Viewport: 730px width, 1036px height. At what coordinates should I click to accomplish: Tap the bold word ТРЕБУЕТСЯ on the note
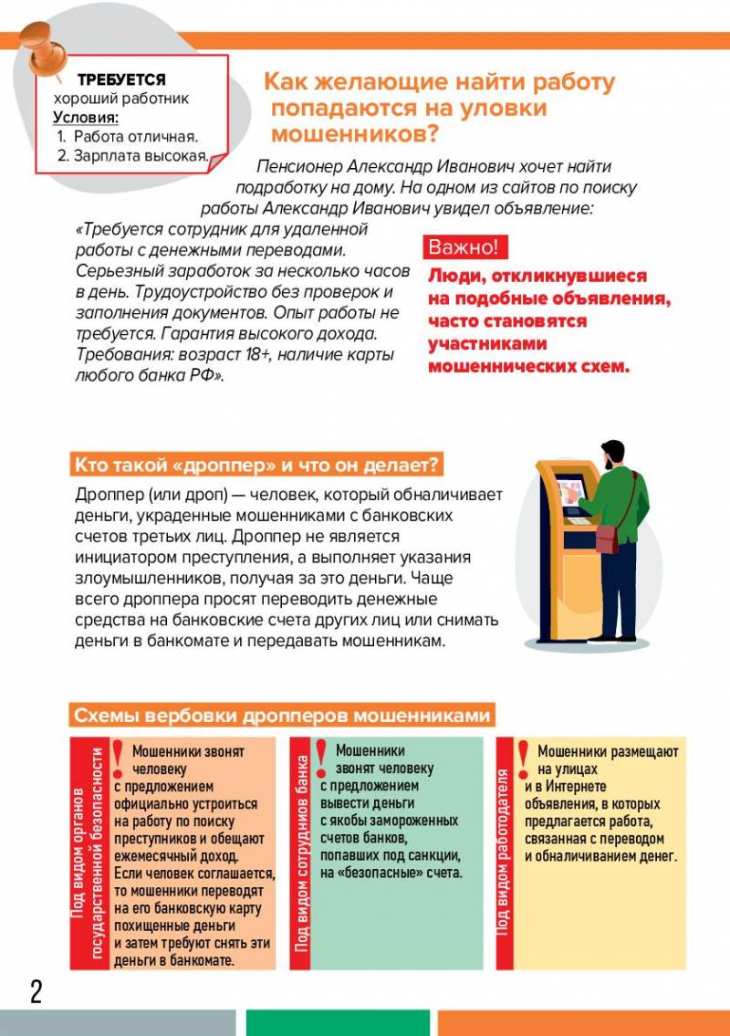pyautogui.click(x=121, y=80)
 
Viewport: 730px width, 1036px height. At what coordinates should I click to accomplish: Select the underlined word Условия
pyautogui.click(x=86, y=118)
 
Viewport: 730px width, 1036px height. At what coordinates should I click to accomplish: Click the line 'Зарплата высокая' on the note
pyautogui.click(x=132, y=155)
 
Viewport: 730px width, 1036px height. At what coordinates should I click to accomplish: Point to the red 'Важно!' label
pyautogui.click(x=464, y=247)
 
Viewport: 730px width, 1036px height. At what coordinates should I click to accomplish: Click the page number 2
pyautogui.click(x=36, y=991)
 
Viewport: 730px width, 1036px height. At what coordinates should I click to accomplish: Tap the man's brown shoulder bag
pyautogui.click(x=607, y=539)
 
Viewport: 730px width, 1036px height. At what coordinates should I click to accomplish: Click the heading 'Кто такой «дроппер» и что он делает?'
pyautogui.click(x=256, y=466)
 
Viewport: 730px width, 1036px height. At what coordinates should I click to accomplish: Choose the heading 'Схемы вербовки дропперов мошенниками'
pyautogui.click(x=282, y=716)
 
